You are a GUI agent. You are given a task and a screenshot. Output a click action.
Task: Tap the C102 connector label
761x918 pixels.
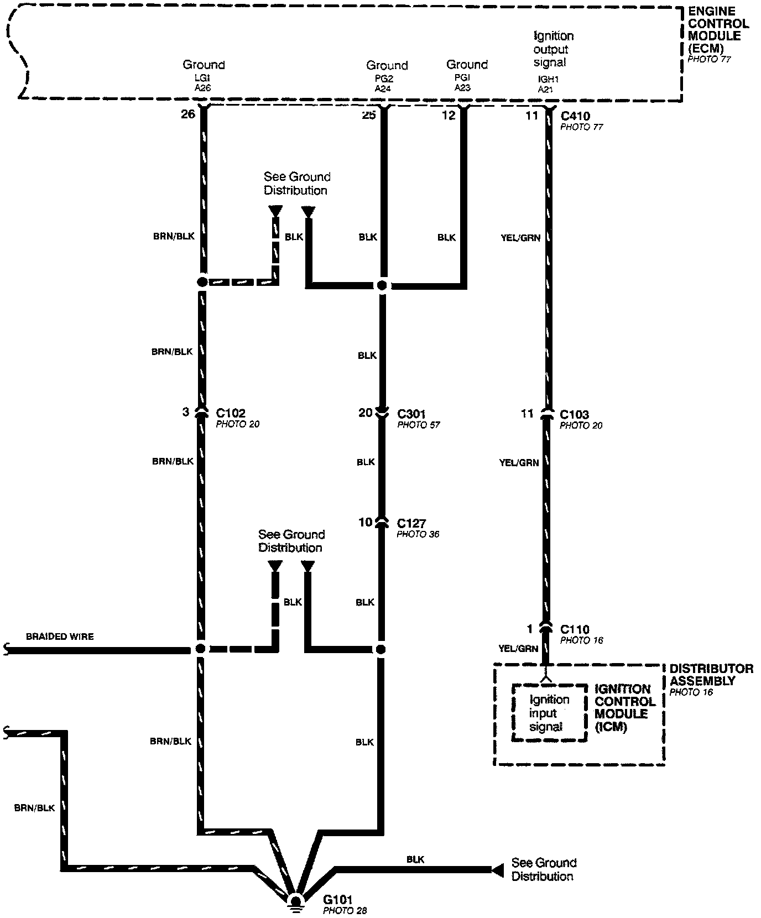coord(231,413)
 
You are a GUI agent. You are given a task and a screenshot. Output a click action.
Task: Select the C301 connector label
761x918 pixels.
coord(412,413)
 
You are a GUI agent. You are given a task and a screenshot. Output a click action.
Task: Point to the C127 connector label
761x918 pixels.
coord(411,523)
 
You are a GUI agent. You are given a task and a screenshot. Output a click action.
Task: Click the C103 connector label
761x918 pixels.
coord(575,414)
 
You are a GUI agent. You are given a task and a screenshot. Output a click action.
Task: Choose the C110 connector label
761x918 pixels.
coord(575,629)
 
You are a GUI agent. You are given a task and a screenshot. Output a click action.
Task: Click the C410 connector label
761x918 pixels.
coord(575,116)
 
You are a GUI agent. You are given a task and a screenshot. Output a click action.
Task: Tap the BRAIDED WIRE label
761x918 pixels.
coord(60,637)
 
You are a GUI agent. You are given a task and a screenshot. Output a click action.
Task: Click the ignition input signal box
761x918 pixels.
coord(549,713)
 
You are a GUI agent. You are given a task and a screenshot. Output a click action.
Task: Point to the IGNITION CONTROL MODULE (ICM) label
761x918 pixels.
coord(625,708)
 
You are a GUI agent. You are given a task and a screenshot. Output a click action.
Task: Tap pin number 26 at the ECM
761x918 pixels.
coord(188,114)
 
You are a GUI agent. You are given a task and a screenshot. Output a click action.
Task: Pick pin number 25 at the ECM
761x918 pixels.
coord(368,114)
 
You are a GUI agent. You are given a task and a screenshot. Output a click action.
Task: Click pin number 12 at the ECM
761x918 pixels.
coord(449,114)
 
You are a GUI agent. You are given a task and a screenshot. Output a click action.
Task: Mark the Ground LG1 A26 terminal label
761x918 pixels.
coord(204,75)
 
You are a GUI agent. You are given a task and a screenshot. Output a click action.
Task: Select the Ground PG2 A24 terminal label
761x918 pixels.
coord(387,76)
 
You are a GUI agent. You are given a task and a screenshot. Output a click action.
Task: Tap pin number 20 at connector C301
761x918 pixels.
coord(365,413)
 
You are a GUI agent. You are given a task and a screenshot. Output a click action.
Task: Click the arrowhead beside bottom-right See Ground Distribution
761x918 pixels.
coord(497,870)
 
